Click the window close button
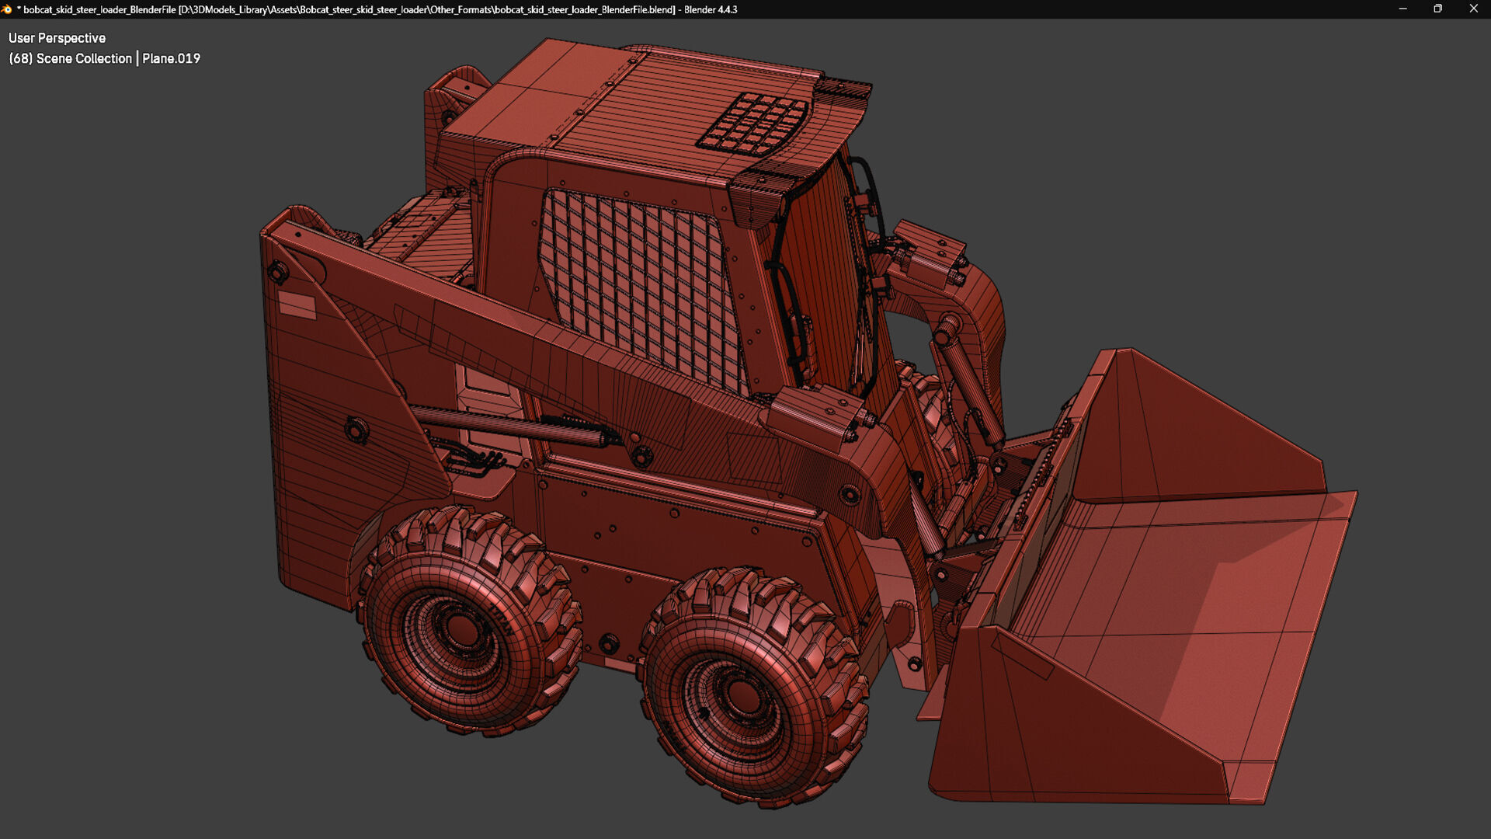(x=1473, y=9)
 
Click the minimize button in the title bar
(x=1402, y=9)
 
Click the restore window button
(x=1437, y=9)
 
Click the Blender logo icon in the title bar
(x=7, y=9)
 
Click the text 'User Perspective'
(x=57, y=38)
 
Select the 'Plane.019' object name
(x=171, y=58)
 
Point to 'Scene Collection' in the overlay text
(x=84, y=58)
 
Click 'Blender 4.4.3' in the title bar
(x=711, y=9)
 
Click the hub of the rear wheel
(x=464, y=627)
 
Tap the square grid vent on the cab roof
(x=753, y=123)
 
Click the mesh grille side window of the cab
(x=641, y=287)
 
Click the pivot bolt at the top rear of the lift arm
(x=278, y=271)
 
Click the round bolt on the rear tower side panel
(x=356, y=429)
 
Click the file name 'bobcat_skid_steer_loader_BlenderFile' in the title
(x=99, y=9)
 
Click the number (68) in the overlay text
(x=21, y=58)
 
